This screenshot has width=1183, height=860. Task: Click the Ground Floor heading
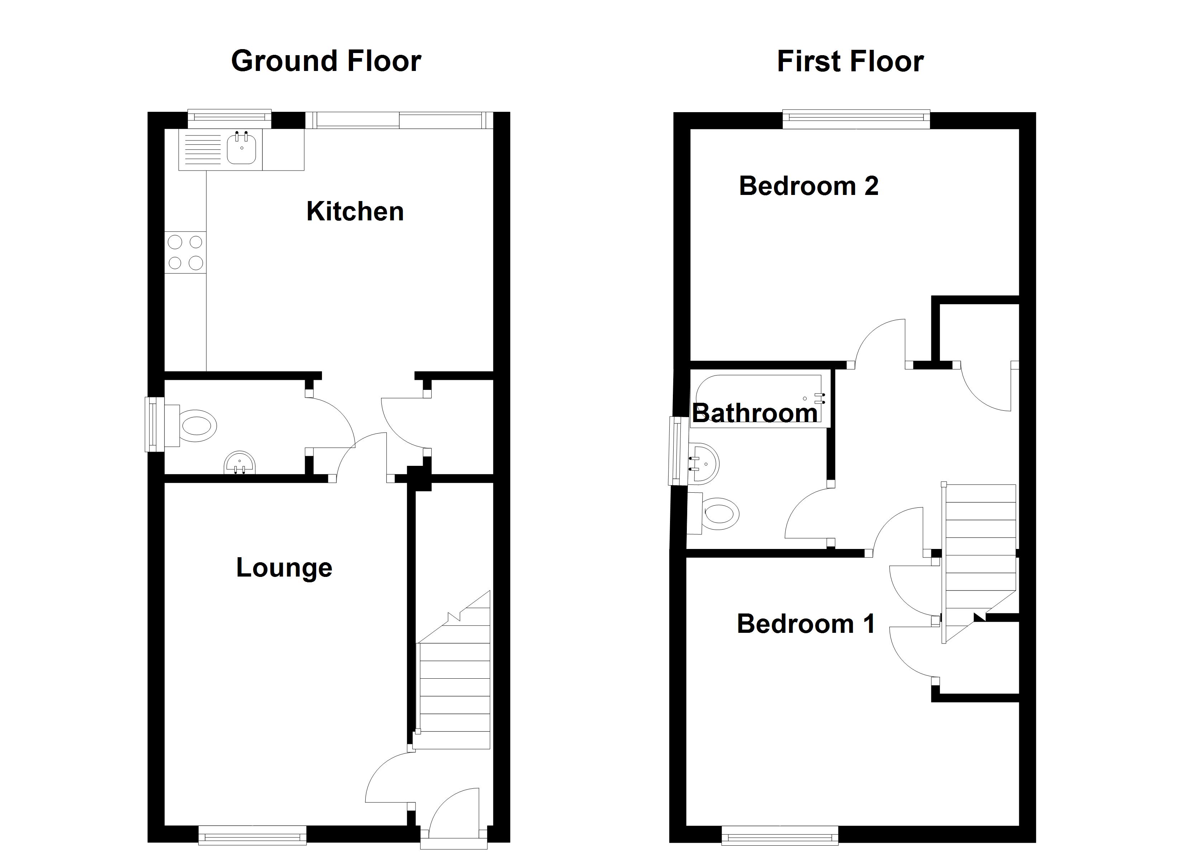[x=326, y=61]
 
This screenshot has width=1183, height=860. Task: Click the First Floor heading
[x=850, y=61]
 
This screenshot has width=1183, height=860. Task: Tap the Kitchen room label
[x=355, y=211]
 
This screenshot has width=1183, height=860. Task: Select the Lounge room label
[x=284, y=568]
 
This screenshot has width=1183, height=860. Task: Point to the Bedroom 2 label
[x=808, y=186]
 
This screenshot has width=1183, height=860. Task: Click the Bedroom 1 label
[x=806, y=624]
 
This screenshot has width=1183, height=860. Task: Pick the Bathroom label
[x=755, y=413]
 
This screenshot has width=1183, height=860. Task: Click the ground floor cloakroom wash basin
[x=240, y=463]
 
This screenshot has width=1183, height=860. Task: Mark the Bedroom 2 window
[x=856, y=119]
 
